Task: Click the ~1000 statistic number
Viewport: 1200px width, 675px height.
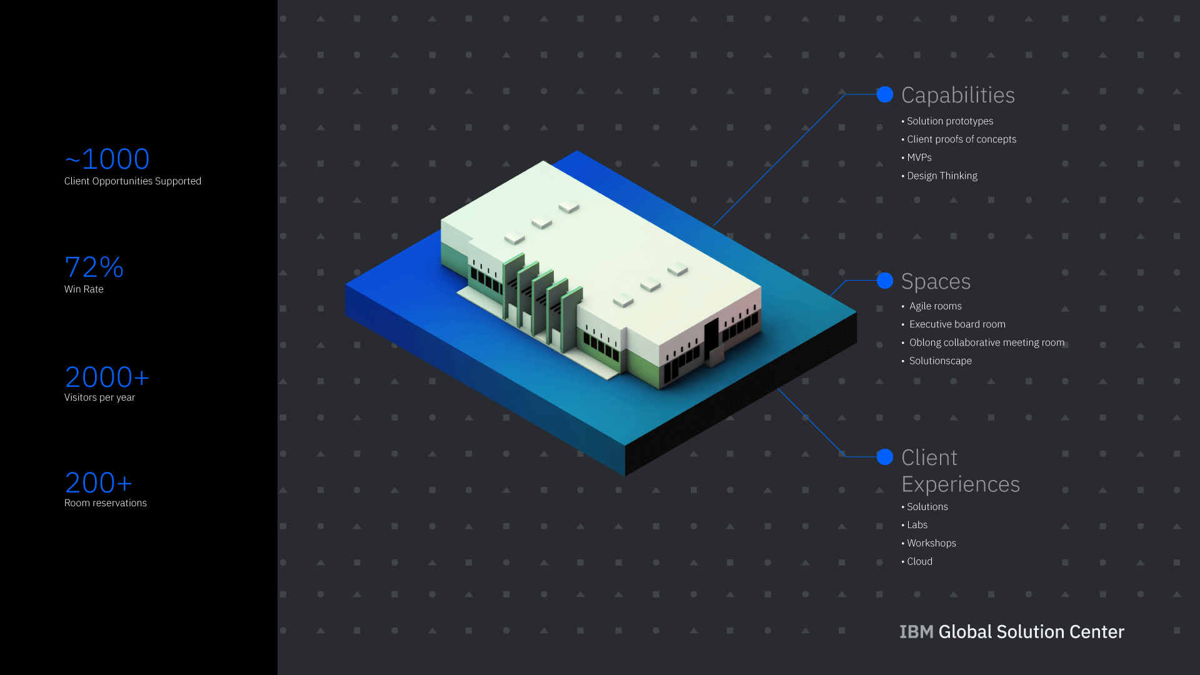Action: pyautogui.click(x=107, y=159)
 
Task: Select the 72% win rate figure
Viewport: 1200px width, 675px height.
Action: pyautogui.click(x=94, y=267)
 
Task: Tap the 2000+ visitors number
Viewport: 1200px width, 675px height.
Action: pyautogui.click(x=107, y=377)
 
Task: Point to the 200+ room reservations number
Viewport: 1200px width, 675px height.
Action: pyautogui.click(x=98, y=483)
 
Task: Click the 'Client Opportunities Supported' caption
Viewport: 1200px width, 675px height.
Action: pyautogui.click(x=132, y=181)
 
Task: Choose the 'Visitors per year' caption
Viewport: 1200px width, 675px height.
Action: pyautogui.click(x=99, y=397)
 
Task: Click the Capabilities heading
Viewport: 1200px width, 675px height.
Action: pyautogui.click(x=957, y=95)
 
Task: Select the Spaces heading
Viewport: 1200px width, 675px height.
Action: pyautogui.click(x=936, y=281)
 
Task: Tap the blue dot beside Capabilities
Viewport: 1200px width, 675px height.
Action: pyautogui.click(x=884, y=94)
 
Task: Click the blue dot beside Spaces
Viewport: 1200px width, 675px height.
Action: pyautogui.click(x=884, y=281)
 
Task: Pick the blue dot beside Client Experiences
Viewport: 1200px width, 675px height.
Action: pyautogui.click(x=884, y=457)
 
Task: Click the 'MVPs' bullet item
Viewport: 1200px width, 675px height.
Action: pyautogui.click(x=919, y=157)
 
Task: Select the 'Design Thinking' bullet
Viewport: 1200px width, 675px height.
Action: pyautogui.click(x=942, y=176)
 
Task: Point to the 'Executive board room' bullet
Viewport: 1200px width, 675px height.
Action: pyautogui.click(x=957, y=324)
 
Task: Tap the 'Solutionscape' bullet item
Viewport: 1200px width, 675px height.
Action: pyautogui.click(x=940, y=361)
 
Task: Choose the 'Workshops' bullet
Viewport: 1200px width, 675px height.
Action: pyautogui.click(x=931, y=543)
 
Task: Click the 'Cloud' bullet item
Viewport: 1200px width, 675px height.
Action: pyautogui.click(x=919, y=561)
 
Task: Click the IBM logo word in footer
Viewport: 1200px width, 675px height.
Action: pyautogui.click(x=916, y=632)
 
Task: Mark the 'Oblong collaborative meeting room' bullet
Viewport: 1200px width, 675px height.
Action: pyautogui.click(x=986, y=342)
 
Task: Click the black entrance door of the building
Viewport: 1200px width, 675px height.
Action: pyautogui.click(x=711, y=340)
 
